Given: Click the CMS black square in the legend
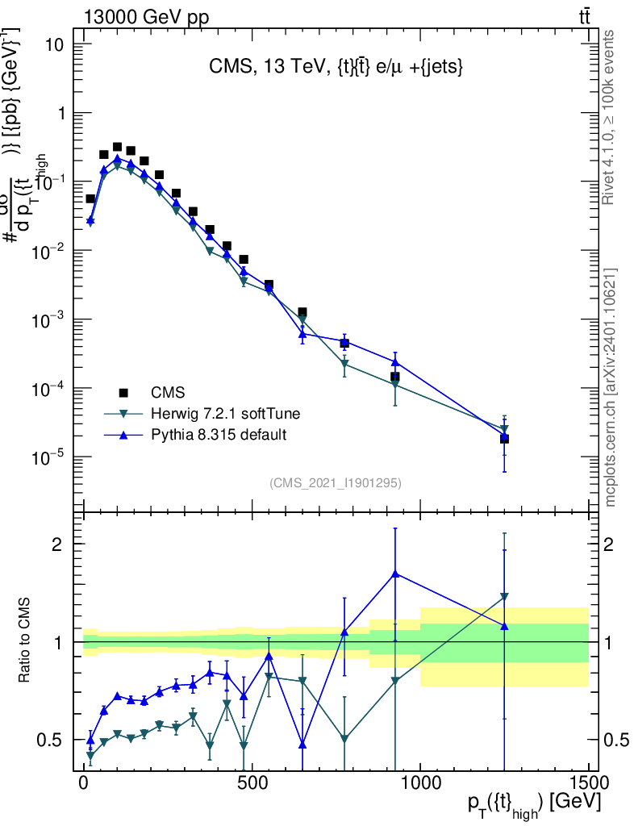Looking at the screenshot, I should tap(123, 393).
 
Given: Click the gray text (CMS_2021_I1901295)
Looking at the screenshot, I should tap(336, 482).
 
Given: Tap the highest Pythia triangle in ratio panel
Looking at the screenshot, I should tap(395, 574).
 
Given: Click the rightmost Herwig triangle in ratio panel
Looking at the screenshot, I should tap(504, 597).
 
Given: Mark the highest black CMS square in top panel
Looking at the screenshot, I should tap(117, 148).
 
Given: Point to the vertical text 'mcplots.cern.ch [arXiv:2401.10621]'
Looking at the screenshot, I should tap(611, 387).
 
